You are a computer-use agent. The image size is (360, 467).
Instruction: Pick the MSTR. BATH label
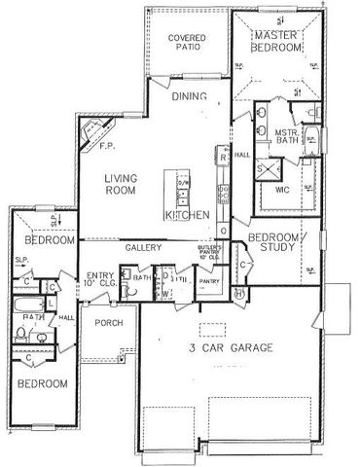click(286, 137)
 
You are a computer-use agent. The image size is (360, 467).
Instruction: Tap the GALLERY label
click(142, 248)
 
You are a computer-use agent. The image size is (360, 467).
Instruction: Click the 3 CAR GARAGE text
click(231, 347)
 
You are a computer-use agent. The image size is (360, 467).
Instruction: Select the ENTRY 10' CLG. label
click(101, 279)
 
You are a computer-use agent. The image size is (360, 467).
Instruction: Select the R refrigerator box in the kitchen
click(223, 156)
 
